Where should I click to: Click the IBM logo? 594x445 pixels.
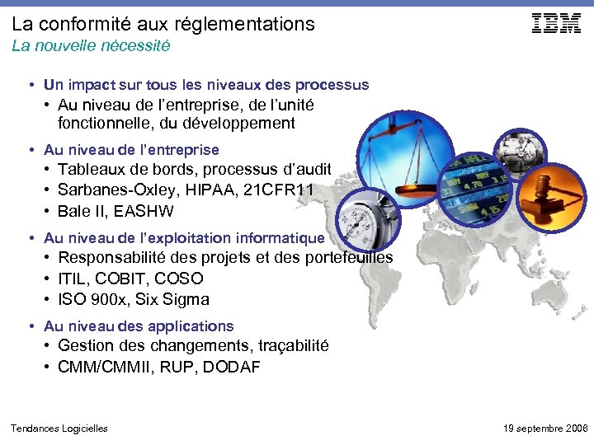(557, 24)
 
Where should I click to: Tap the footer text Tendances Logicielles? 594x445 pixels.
(59, 429)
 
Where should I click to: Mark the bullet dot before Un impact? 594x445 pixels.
(30, 85)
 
